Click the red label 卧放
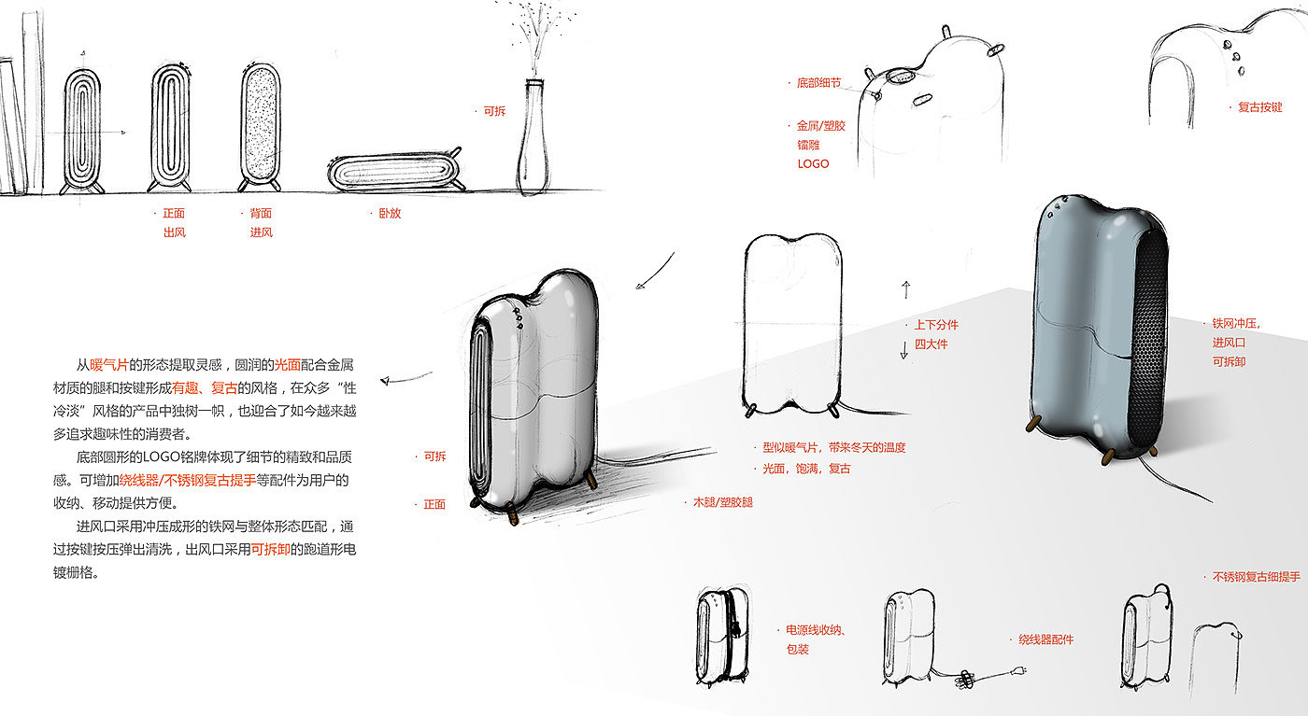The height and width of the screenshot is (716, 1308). [390, 213]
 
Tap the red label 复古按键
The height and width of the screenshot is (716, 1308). [1259, 107]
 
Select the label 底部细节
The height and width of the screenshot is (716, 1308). [818, 83]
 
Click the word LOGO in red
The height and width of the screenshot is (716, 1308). [813, 163]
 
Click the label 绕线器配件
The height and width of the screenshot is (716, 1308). [1045, 639]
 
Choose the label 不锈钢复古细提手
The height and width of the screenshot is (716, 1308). [1256, 577]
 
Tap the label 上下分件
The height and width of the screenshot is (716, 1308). [935, 325]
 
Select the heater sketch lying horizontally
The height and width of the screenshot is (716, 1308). [393, 173]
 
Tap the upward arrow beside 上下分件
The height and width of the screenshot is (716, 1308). [905, 287]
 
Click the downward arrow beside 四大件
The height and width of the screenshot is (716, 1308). [903, 351]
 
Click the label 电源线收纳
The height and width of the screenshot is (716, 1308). [816, 630]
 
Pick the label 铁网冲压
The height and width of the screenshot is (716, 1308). [1236, 323]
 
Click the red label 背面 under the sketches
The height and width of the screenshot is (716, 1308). [261, 213]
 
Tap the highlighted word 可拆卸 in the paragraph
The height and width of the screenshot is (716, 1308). [270, 550]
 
